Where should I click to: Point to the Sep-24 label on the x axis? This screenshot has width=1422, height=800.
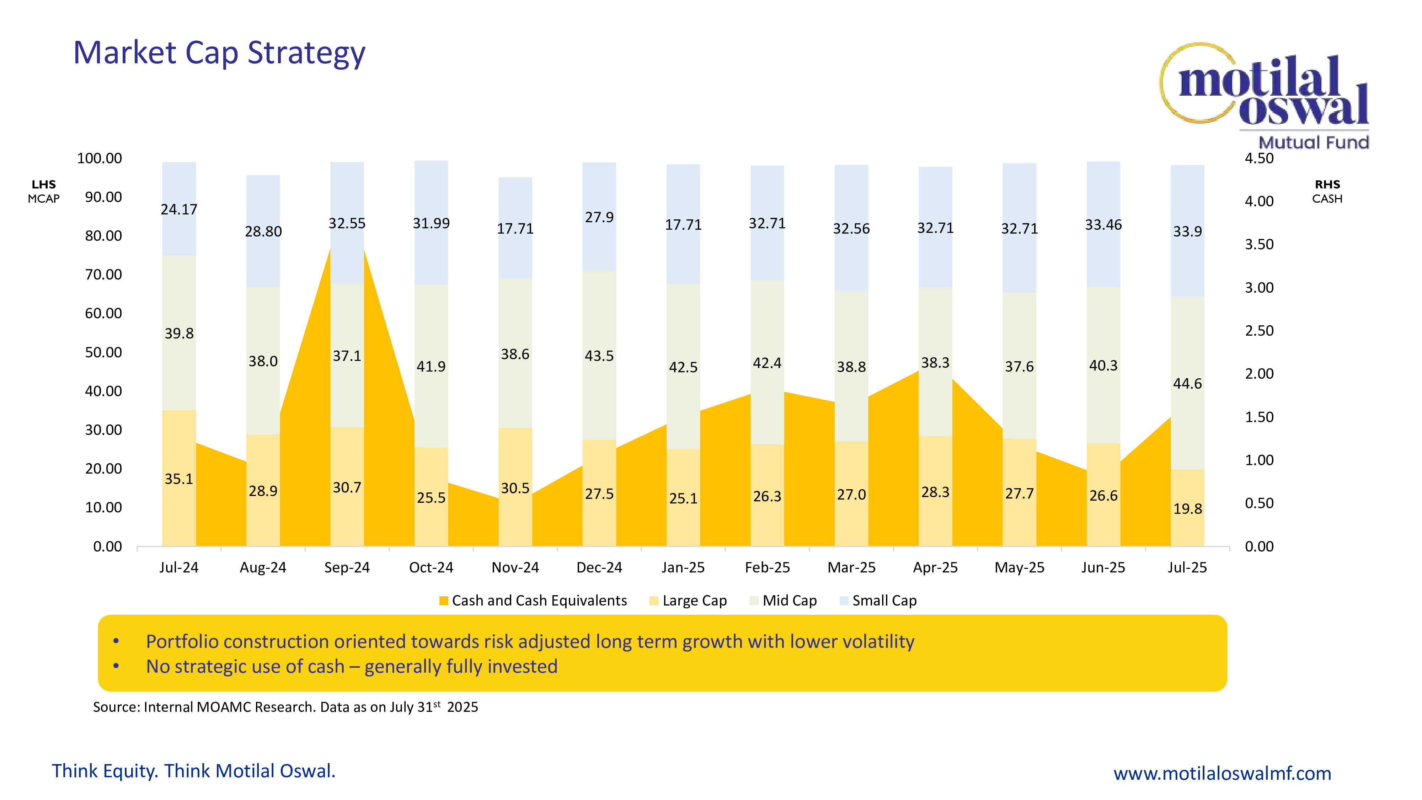(347, 567)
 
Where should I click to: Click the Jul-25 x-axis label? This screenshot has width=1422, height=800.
(1187, 567)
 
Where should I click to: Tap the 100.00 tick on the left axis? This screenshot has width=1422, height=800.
(100, 159)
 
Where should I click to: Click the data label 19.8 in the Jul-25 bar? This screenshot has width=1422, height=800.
(1187, 508)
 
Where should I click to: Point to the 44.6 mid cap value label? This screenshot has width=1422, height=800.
(1187, 384)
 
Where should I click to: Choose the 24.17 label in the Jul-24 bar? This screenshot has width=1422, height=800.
(179, 210)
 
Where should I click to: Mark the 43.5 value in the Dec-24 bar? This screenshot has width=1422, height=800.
(599, 356)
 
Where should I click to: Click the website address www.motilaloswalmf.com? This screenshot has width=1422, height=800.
(1222, 773)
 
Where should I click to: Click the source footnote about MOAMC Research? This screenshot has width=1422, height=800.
(285, 707)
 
